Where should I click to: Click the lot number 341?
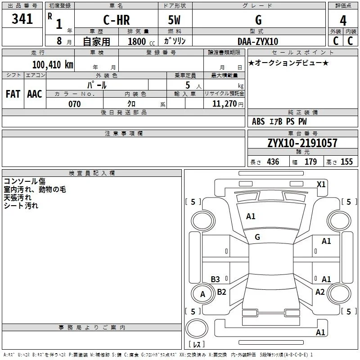(x=22, y=19)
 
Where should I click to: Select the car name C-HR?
(x=117, y=20)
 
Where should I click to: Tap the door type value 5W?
(x=174, y=20)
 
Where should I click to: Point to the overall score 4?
(x=343, y=21)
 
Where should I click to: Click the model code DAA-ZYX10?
(x=258, y=41)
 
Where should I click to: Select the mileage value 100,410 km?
(x=53, y=64)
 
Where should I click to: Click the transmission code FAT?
(x=13, y=94)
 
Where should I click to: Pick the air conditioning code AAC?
(x=35, y=94)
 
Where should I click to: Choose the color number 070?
(x=75, y=104)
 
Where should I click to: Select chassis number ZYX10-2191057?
(x=302, y=143)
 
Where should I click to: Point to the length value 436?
(x=273, y=162)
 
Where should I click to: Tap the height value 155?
(x=346, y=162)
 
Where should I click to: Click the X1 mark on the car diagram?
(x=321, y=184)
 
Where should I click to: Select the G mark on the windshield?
(x=257, y=237)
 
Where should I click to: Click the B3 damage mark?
(x=216, y=279)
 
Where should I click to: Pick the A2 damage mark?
(x=320, y=292)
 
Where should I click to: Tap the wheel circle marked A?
(x=203, y=294)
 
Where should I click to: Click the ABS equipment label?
(x=258, y=121)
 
